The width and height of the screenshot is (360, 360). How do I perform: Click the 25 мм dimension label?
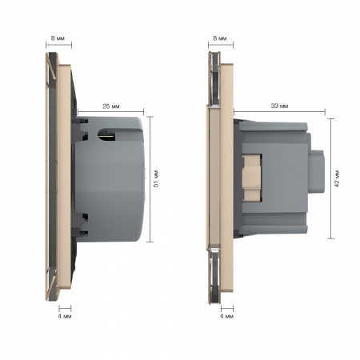coord(111,106)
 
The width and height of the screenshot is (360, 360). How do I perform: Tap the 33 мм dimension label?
coord(279,106)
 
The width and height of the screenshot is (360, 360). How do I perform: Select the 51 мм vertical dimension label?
coord(156,178)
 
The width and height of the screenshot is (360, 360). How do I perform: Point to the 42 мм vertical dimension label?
coord(337,178)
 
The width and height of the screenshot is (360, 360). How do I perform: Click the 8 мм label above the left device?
coord(58,38)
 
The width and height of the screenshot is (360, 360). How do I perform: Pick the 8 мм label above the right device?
coord(220,38)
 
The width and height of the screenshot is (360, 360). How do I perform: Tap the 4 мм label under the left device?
coord(65,316)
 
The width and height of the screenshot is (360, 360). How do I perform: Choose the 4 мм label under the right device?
coord(226,316)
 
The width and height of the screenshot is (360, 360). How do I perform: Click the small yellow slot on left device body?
coord(106,135)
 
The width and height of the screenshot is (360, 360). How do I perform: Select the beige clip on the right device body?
coord(251,178)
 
